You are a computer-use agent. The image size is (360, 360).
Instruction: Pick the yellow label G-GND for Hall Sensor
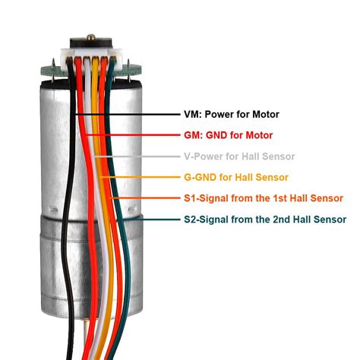pyautogui.click(x=235, y=178)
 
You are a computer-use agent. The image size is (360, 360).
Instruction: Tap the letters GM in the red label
pyautogui.click(x=191, y=135)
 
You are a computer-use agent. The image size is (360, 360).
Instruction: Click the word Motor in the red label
pyautogui.click(x=257, y=135)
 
